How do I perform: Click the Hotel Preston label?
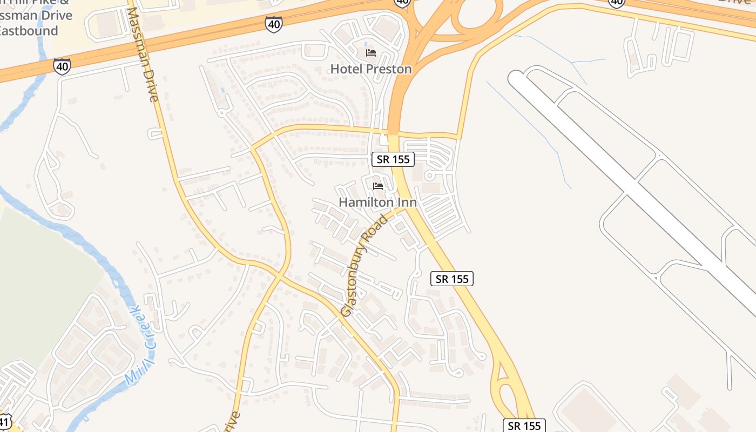(370, 69)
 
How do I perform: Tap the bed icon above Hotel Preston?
(371, 53)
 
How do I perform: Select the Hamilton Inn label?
(377, 202)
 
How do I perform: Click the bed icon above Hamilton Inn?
(378, 186)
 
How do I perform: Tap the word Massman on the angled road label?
(140, 48)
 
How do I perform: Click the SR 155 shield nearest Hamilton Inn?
(393, 159)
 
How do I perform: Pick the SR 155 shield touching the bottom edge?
(524, 426)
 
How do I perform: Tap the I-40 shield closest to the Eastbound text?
(62, 66)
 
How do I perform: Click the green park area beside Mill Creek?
(43, 281)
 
